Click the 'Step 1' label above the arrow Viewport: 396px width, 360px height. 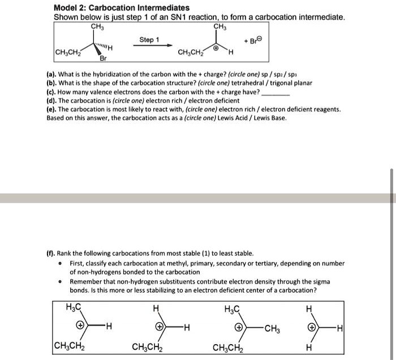149,40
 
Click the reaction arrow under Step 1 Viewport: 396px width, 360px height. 149,48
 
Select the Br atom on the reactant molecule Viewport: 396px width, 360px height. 102,59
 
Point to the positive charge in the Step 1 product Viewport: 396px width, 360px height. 216,49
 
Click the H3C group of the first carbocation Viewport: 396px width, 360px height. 74,307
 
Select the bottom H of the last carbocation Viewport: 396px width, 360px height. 308,346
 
